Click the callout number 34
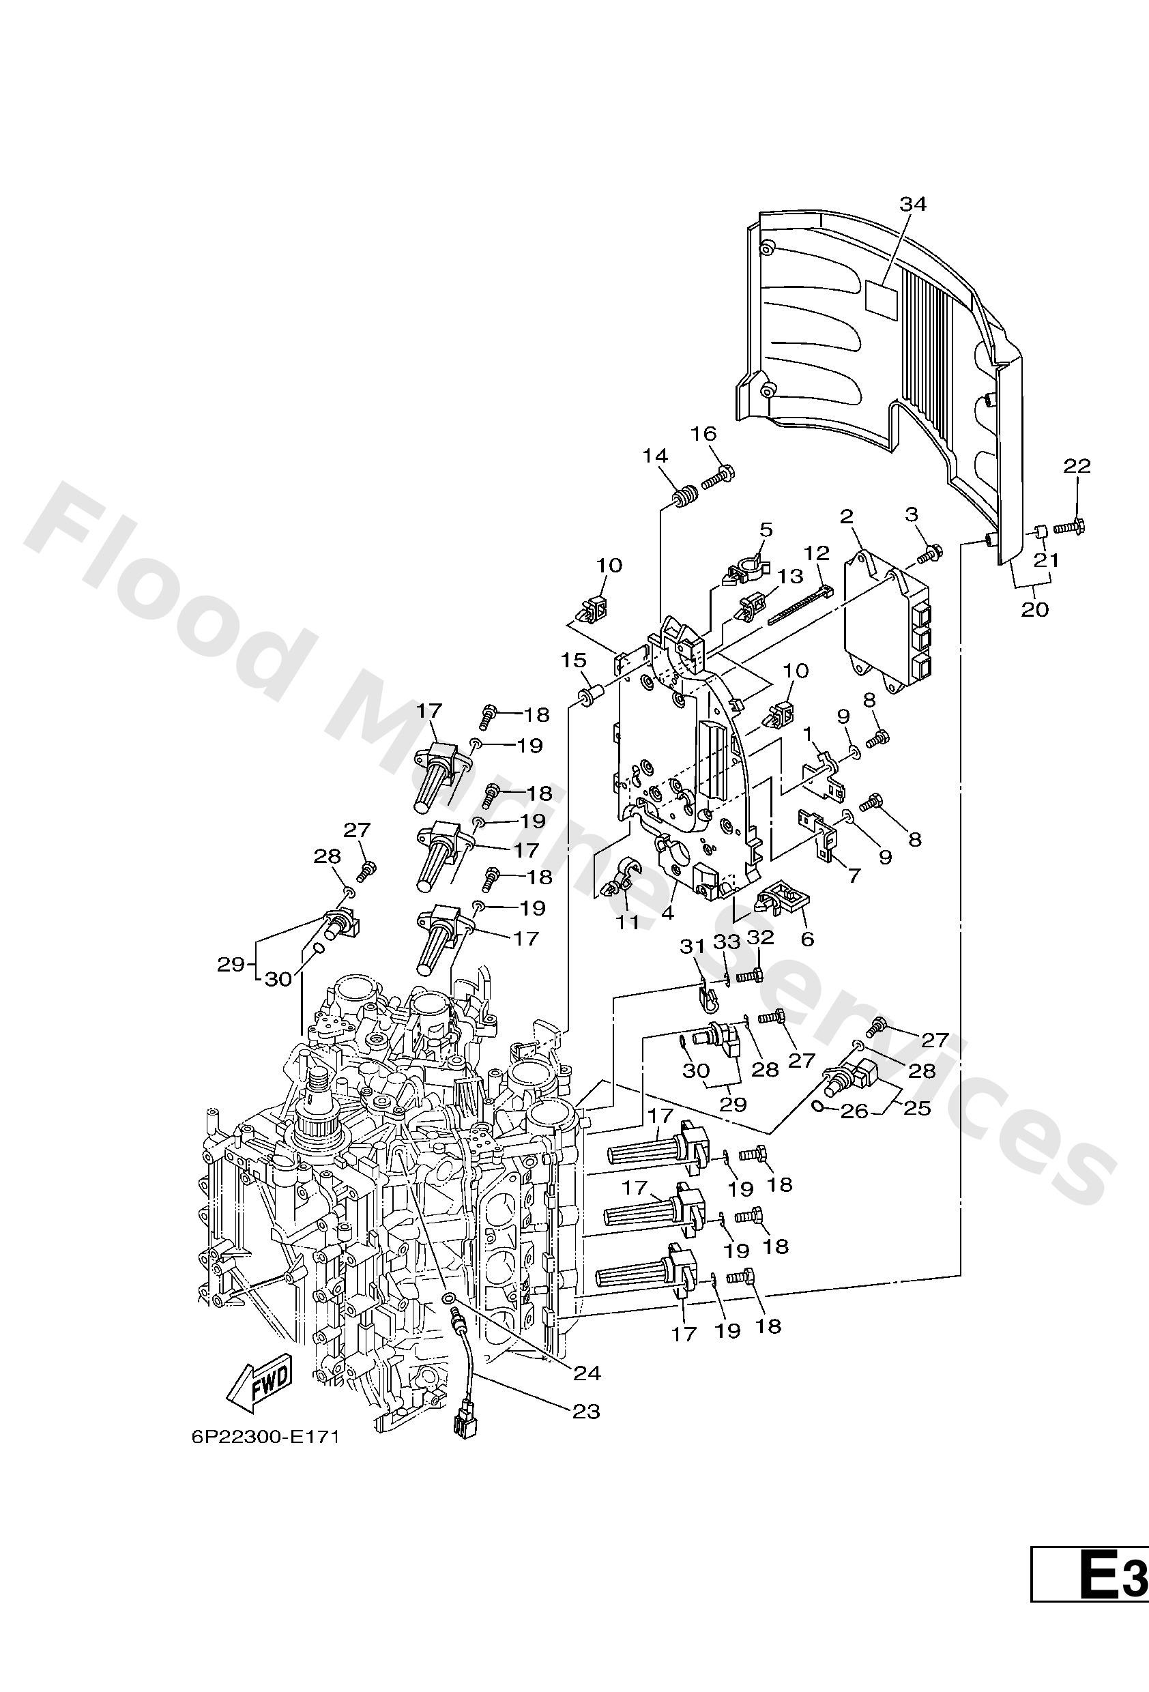[912, 205]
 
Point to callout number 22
[1077, 465]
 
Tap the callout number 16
[703, 434]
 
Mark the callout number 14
[655, 456]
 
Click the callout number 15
[574, 660]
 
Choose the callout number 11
[627, 922]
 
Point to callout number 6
[806, 939]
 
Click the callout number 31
[693, 946]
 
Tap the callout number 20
[1034, 609]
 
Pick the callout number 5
[766, 529]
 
